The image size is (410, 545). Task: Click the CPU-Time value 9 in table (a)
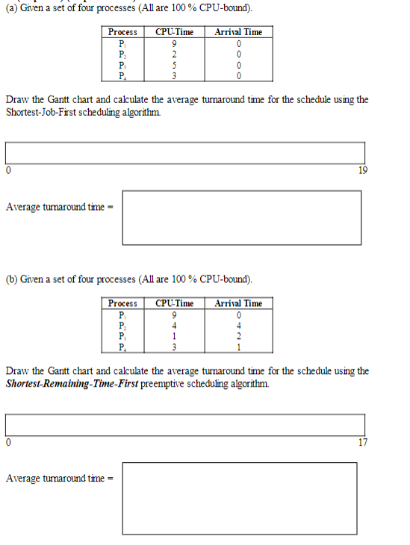click(173, 43)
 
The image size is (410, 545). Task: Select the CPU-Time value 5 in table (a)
click(173, 64)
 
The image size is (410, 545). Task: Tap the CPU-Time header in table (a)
click(173, 32)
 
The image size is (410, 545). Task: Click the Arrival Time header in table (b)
click(238, 303)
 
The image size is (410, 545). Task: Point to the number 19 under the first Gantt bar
click(363, 170)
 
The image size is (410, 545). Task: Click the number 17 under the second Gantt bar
click(363, 442)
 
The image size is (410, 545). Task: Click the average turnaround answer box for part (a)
click(240, 217)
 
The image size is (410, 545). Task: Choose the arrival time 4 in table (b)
click(238, 325)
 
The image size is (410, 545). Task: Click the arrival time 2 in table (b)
click(238, 335)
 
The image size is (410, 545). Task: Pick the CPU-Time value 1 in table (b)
click(173, 335)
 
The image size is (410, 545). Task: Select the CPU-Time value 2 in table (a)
click(173, 54)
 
